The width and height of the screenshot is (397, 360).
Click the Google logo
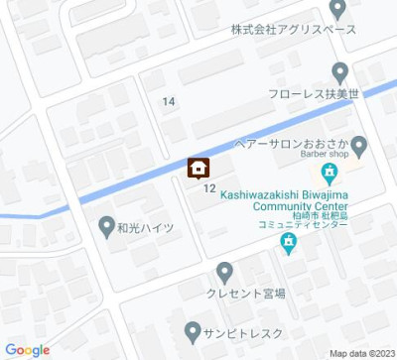click(x=27, y=349)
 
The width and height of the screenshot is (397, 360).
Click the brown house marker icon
click(x=198, y=168)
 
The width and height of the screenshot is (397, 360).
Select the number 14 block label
click(x=169, y=102)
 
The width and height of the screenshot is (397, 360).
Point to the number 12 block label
click(x=209, y=187)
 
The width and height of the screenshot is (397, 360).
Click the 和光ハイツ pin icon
click(x=107, y=227)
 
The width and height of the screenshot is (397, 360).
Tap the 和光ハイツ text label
click(x=145, y=228)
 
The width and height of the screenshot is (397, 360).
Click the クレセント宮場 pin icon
click(x=224, y=270)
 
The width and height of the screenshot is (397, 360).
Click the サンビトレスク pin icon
click(x=193, y=328)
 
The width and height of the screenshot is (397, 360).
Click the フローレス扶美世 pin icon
click(x=339, y=72)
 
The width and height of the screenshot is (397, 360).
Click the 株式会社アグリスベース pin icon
click(x=336, y=9)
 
